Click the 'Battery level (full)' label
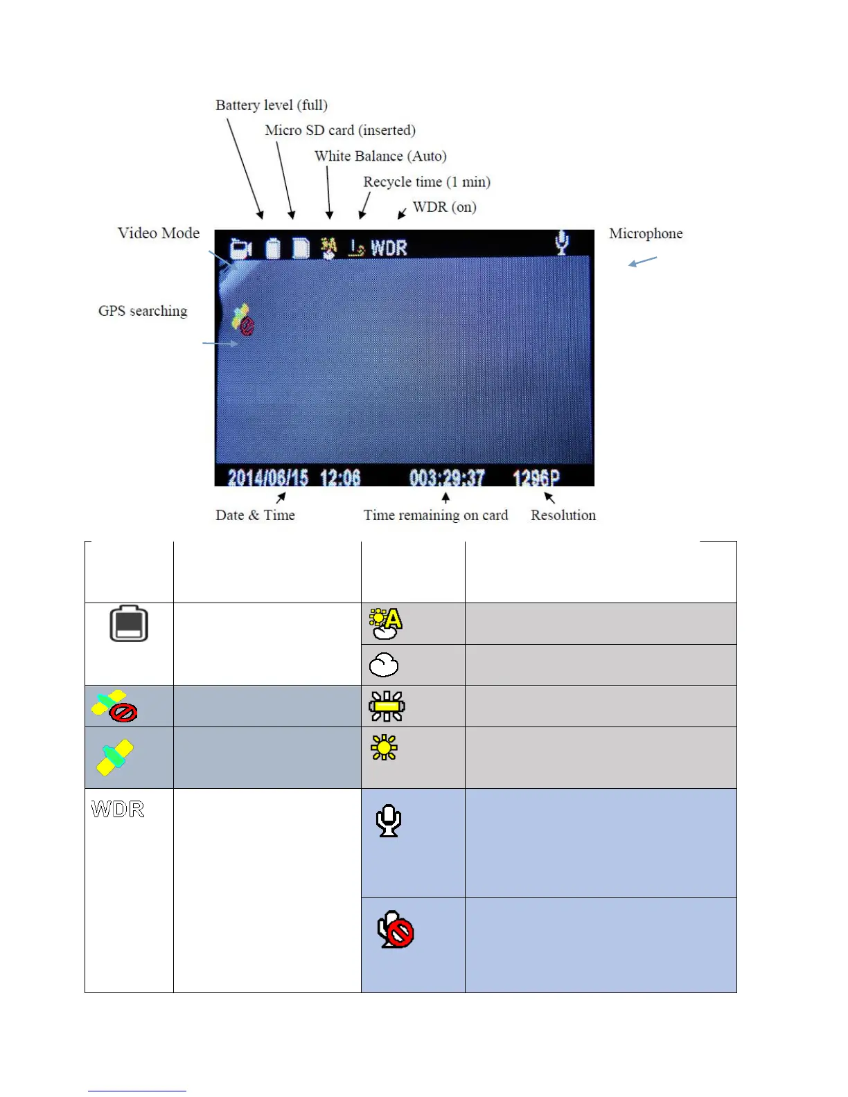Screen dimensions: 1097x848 [271, 105]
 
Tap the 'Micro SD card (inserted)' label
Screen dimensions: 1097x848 [340, 130]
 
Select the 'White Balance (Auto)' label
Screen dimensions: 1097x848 [380, 156]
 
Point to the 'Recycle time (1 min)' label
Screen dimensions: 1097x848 [427, 181]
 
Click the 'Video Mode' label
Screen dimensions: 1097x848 [159, 233]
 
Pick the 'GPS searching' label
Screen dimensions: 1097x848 [143, 311]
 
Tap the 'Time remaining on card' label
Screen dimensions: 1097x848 [436, 515]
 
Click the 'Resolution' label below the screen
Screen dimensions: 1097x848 [563, 515]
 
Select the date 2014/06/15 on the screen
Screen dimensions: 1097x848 [267, 478]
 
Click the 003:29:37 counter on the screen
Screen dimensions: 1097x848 [447, 478]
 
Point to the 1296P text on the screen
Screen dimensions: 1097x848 [536, 478]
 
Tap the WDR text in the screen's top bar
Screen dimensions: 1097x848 [389, 248]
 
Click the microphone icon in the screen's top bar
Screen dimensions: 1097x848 [562, 242]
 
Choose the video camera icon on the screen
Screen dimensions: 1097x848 [240, 248]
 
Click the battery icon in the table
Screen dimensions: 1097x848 [129, 623]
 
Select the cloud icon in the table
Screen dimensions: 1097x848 [384, 665]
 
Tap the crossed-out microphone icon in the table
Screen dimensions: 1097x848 [396, 929]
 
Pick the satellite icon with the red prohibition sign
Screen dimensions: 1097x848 [114, 706]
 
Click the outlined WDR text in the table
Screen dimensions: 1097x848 [118, 809]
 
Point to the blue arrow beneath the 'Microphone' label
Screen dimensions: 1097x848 [642, 261]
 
